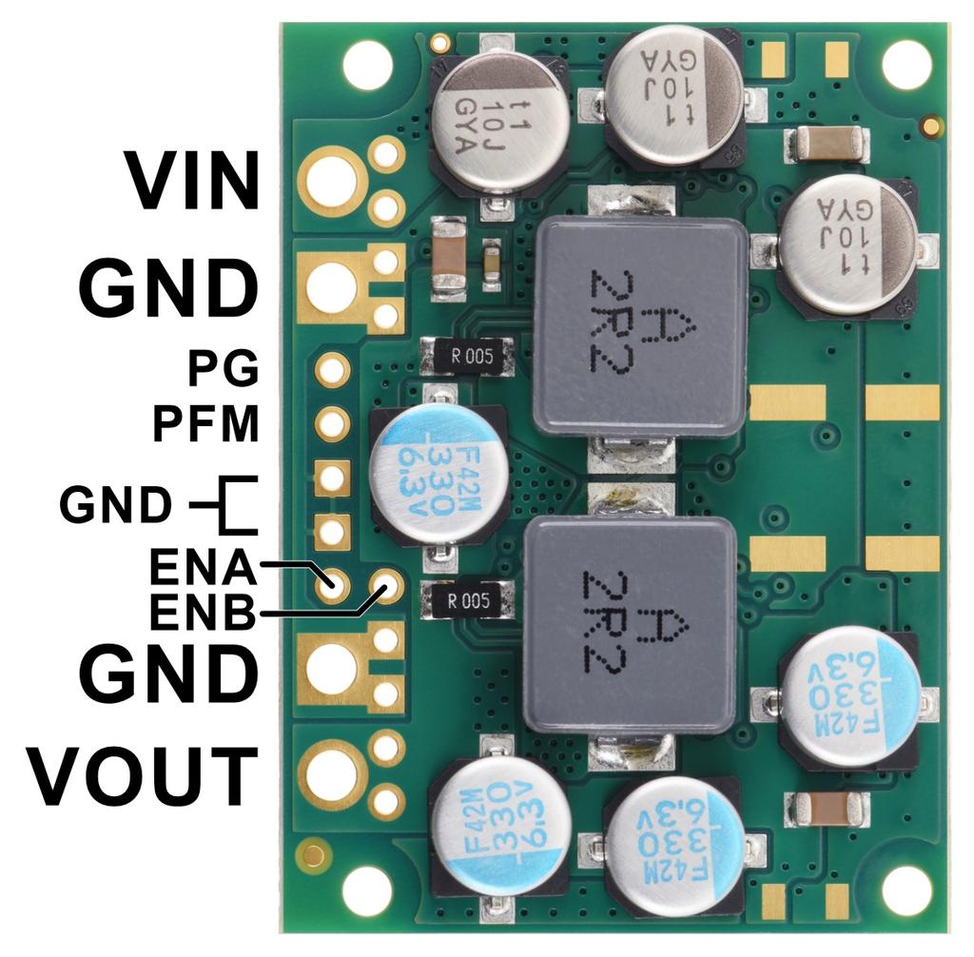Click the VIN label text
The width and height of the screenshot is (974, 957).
194,181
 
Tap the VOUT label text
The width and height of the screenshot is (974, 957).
143,776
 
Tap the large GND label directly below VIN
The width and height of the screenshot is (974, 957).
168,287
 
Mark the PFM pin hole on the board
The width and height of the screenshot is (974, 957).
332,423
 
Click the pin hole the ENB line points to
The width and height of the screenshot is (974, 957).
387,584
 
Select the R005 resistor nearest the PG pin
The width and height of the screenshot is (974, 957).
466,358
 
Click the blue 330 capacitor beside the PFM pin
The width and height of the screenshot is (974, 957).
438,474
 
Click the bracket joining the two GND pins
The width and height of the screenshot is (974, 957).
233,505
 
